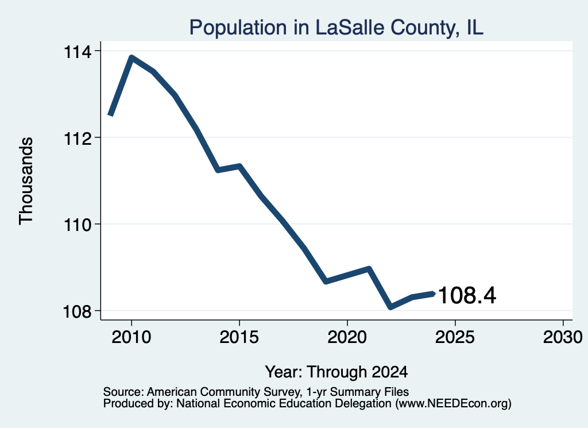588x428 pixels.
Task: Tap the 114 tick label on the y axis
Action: [78, 52]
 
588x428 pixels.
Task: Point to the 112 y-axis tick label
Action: [78, 138]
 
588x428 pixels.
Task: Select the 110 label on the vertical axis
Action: [78, 225]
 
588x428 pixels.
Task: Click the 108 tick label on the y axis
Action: [78, 312]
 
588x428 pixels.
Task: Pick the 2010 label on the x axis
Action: [131, 337]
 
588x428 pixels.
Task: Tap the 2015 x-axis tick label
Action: [239, 337]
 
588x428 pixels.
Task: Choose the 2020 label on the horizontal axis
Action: [347, 337]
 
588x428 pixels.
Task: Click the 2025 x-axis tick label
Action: [455, 337]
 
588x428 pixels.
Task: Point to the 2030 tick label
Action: [563, 337]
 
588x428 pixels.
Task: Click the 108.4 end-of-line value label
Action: [467, 295]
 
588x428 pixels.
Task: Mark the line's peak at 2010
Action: [131, 57]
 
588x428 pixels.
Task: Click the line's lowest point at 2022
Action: [390, 307]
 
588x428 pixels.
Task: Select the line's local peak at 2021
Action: [369, 269]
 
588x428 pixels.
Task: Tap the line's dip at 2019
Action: [326, 281]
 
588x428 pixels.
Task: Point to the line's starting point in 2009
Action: [110, 115]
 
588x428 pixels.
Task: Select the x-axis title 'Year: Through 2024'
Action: [336, 372]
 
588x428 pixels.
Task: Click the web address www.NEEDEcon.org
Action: [453, 404]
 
